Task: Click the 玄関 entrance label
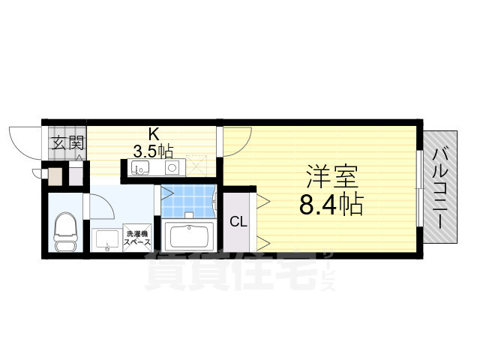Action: tap(67, 142)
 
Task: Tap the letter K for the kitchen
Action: tap(153, 134)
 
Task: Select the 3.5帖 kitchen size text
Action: tap(153, 149)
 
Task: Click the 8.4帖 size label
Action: tap(331, 203)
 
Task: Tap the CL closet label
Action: tap(238, 221)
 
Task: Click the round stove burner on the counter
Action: tap(171, 167)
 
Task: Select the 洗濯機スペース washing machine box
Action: tap(137, 238)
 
